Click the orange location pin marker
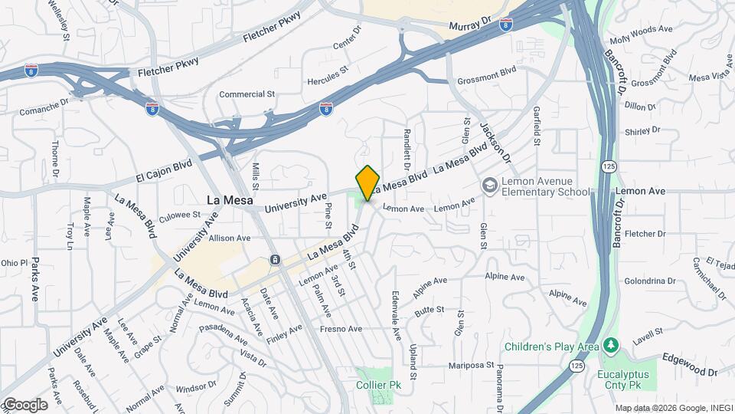pyautogui.click(x=367, y=182)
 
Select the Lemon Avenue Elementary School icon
pyautogui.click(x=489, y=186)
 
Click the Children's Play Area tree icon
pyautogui.click(x=610, y=347)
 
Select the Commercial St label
pyautogui.click(x=247, y=94)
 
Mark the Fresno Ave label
pyautogui.click(x=341, y=329)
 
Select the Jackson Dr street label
pyautogui.click(x=495, y=141)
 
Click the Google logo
pyautogui.click(x=24, y=405)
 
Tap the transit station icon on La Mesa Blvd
pyautogui.click(x=273, y=261)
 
